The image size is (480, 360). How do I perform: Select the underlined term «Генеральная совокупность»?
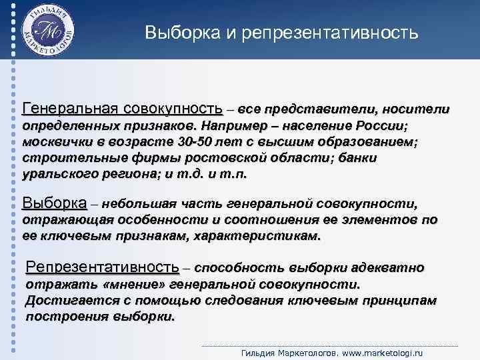coord(123,109)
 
